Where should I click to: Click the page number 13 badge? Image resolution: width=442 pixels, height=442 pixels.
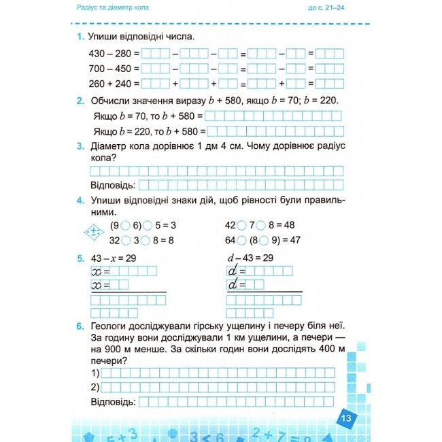click(x=346, y=418)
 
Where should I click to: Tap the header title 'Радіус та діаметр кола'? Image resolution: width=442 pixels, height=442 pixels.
click(x=114, y=7)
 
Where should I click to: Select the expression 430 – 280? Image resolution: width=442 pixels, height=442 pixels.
click(x=110, y=53)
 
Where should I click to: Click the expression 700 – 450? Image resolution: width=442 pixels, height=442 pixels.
click(x=110, y=69)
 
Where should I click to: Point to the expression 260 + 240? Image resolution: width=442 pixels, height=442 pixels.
click(x=110, y=84)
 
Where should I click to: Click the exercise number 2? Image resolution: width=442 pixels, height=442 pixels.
click(x=80, y=101)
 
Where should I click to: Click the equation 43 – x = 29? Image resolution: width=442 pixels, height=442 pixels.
click(x=113, y=258)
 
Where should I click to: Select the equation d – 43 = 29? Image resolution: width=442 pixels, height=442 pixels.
click(x=250, y=258)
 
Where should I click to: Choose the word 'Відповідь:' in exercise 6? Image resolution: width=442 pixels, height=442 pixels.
click(x=113, y=402)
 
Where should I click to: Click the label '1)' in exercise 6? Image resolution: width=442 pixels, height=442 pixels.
click(x=95, y=373)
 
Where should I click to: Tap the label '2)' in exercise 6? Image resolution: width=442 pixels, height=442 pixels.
click(x=95, y=388)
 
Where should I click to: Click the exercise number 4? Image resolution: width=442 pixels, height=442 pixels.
click(x=80, y=200)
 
